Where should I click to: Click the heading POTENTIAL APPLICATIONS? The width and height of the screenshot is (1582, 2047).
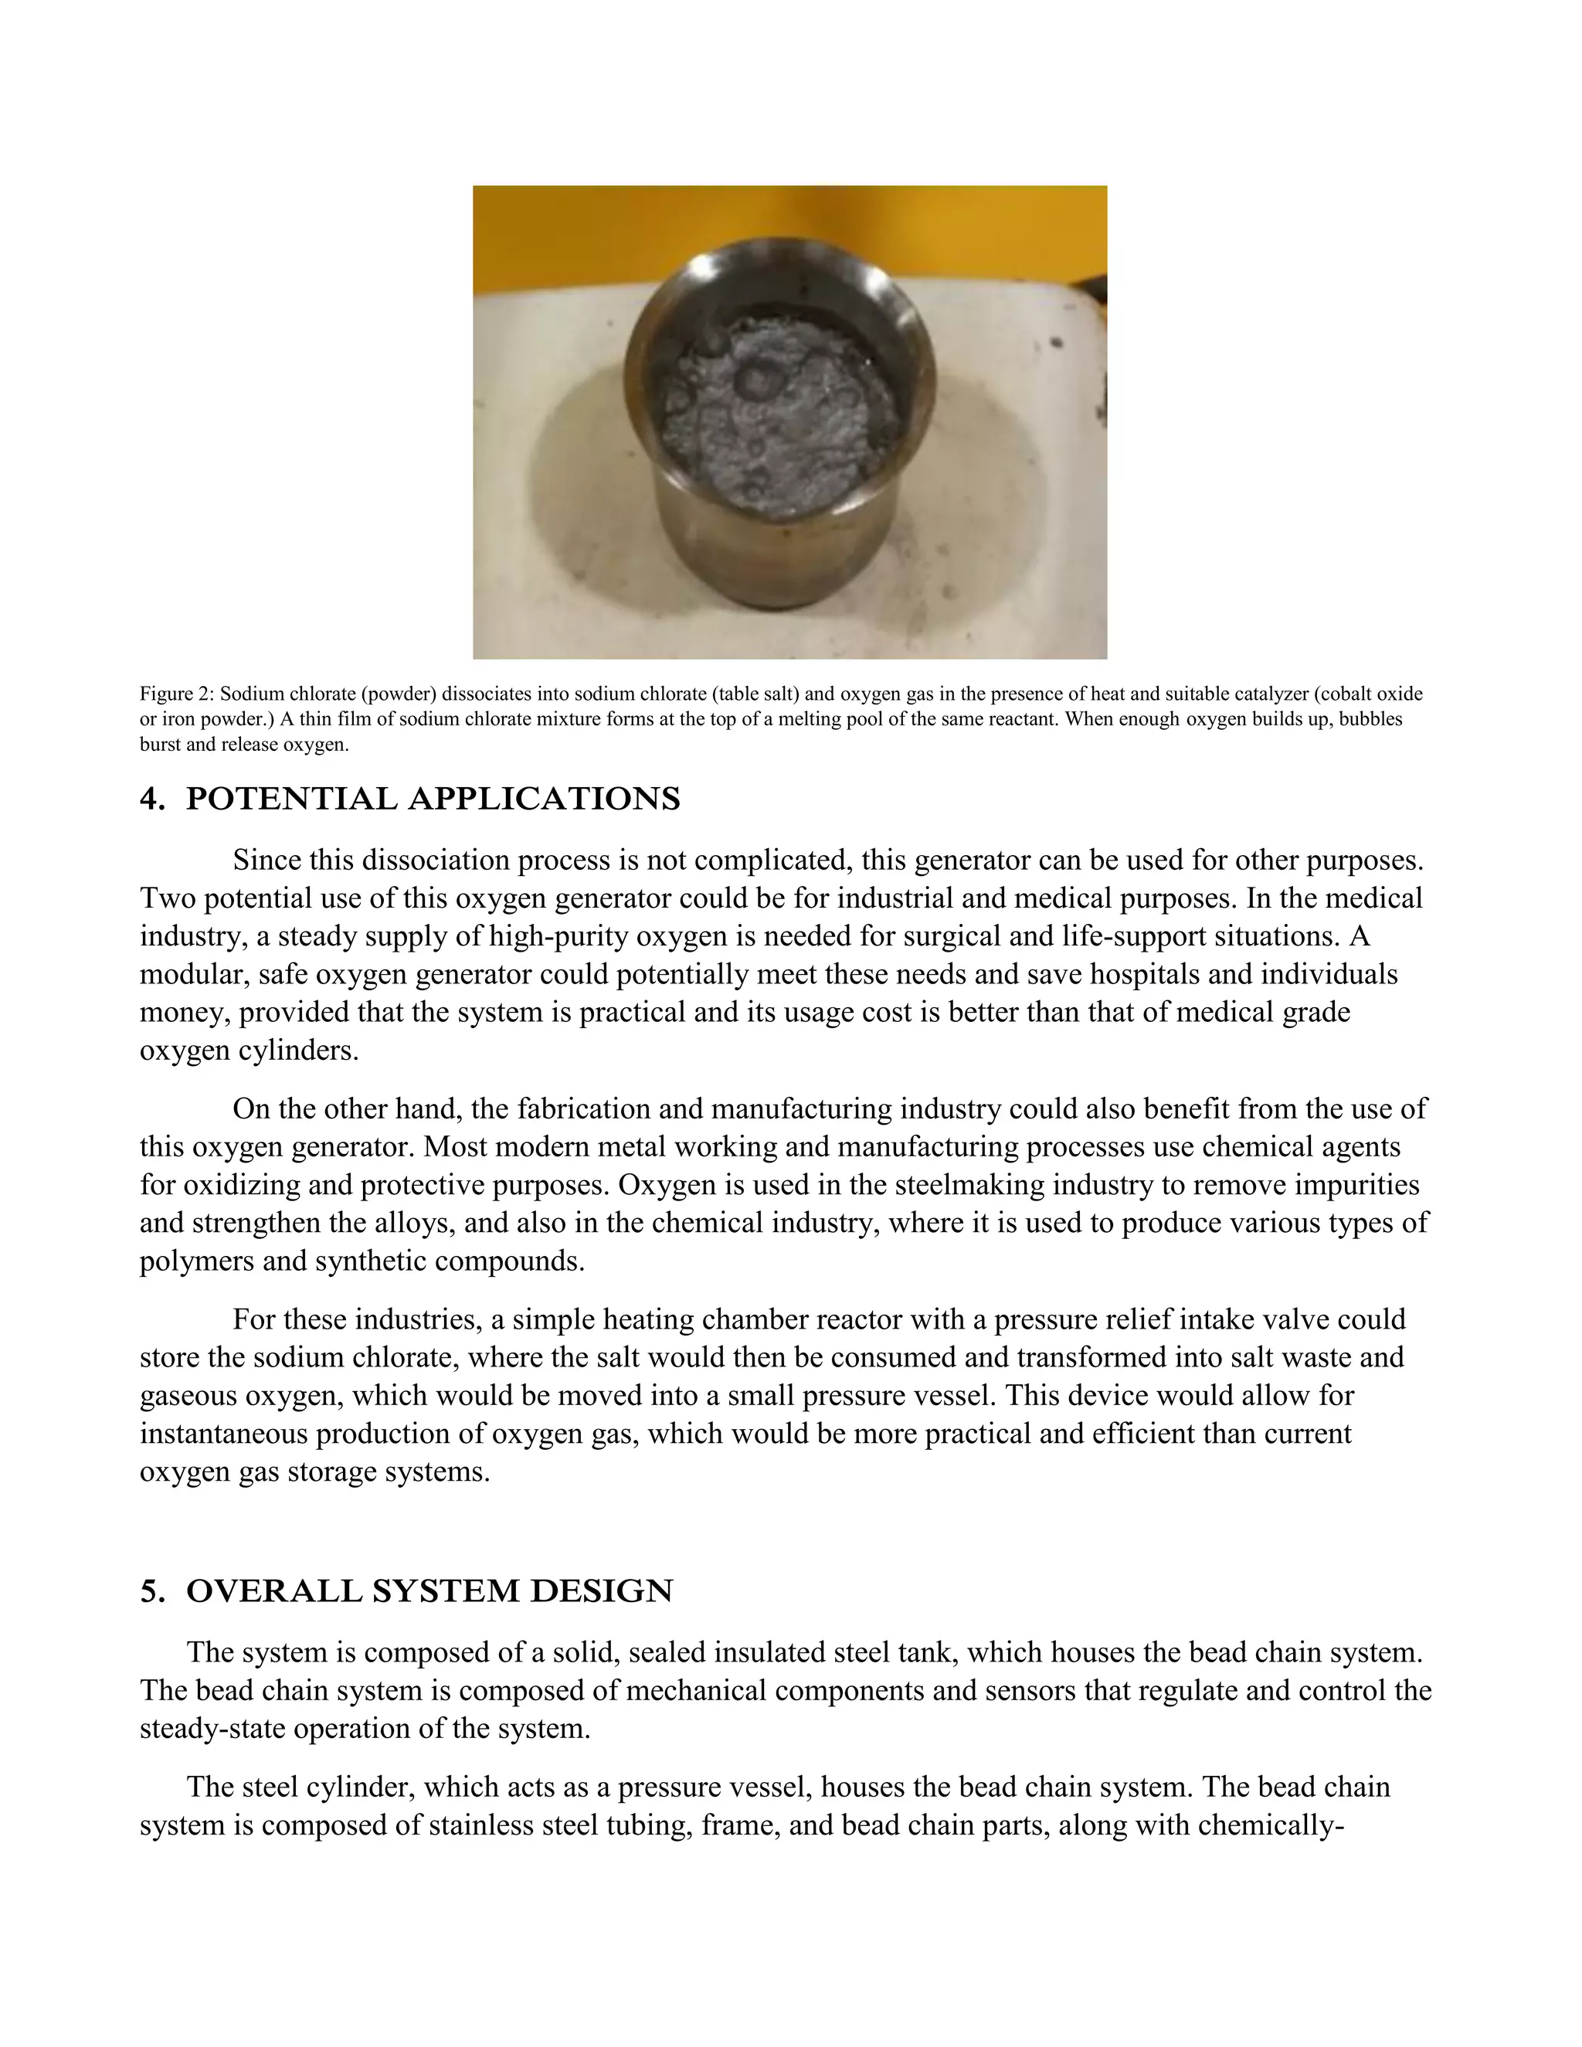point(433,799)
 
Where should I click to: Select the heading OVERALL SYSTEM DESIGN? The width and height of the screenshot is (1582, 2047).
point(429,1591)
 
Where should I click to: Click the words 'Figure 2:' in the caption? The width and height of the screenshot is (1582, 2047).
point(176,694)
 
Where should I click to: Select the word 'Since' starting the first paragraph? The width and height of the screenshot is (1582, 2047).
point(267,861)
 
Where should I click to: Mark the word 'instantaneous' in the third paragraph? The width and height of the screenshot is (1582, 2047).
point(223,1434)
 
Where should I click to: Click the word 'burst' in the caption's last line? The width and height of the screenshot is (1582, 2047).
point(158,746)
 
